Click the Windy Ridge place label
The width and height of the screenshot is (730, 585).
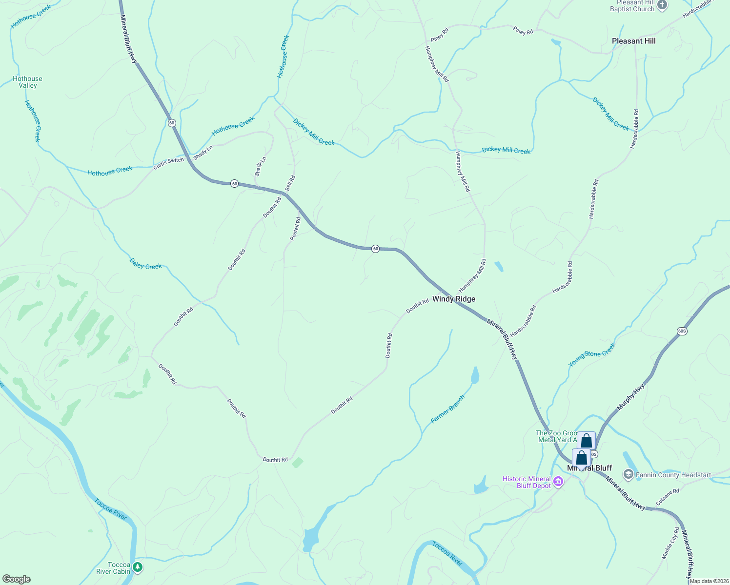(x=453, y=299)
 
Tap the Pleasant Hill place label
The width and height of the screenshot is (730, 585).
(x=633, y=41)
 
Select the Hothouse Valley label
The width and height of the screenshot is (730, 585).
(x=27, y=82)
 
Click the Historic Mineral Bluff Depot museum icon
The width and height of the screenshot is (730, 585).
(x=558, y=483)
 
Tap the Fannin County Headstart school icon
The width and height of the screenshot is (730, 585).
(x=628, y=474)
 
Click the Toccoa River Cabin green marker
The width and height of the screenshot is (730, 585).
(x=138, y=567)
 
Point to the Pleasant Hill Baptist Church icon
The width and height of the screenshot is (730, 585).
(x=662, y=5)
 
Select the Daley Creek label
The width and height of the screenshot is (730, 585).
(x=145, y=264)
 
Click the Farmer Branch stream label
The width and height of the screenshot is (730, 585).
(x=447, y=409)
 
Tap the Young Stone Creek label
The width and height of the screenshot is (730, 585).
(x=592, y=354)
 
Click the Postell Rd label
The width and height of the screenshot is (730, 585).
(x=296, y=229)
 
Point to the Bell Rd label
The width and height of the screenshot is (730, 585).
(x=290, y=183)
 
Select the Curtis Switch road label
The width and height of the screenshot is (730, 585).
(x=169, y=163)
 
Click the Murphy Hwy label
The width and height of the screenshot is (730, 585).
(x=630, y=396)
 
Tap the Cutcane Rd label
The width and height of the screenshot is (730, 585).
(x=667, y=497)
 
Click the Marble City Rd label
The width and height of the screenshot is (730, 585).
(x=670, y=543)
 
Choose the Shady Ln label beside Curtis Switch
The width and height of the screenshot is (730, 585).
(x=203, y=153)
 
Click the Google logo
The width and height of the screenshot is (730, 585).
(x=16, y=579)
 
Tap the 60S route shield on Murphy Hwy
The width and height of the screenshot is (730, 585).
(x=682, y=331)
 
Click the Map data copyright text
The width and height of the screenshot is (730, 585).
(x=709, y=581)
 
